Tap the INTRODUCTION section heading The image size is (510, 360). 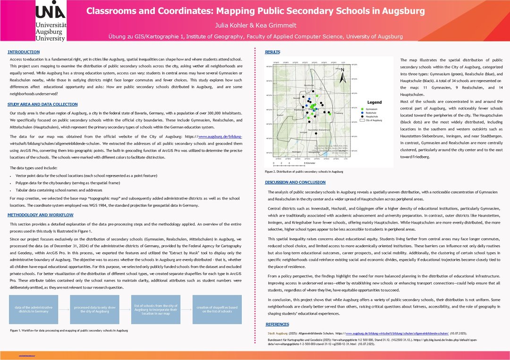coord(24,52)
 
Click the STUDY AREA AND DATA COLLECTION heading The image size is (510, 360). coord(42,104)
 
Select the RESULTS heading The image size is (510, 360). coord(272,51)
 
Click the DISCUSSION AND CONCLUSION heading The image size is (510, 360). coord(295,182)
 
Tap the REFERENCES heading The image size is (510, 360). coord(278,324)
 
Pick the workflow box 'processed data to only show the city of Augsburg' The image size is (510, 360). coord(91,309)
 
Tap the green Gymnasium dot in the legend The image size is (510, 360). coord(362,109)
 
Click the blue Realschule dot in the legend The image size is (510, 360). coord(362,113)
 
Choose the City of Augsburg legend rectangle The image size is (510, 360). coord(362,120)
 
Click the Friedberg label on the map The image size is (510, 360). coord(338,113)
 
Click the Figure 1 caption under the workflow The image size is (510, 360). coord(69,330)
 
